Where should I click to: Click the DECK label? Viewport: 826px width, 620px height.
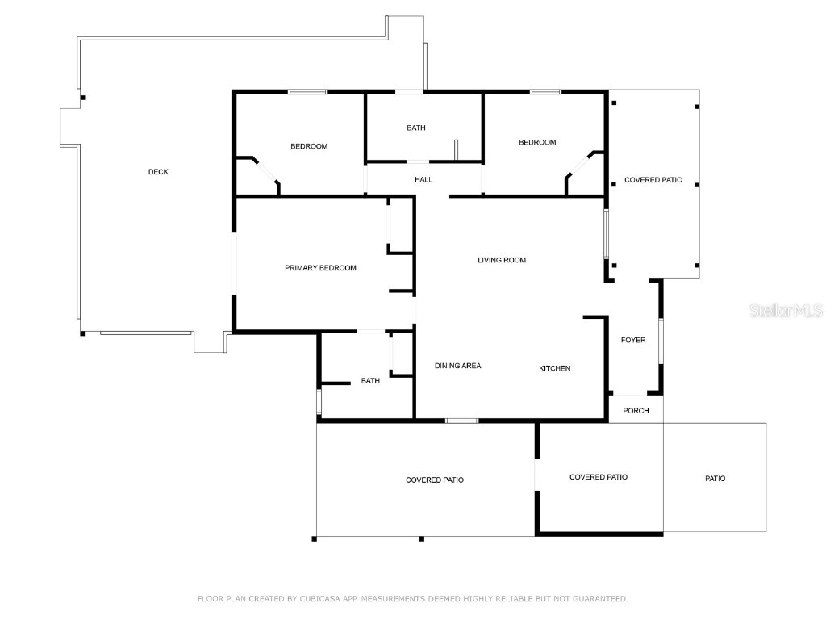[x=158, y=172]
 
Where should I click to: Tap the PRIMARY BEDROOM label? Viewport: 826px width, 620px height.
[x=320, y=268]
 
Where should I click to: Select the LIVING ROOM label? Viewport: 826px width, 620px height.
[x=502, y=260]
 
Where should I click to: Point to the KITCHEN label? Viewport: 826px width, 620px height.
[x=555, y=368]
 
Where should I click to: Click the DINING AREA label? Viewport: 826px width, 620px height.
[x=457, y=366]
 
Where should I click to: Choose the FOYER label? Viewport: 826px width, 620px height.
[x=633, y=340]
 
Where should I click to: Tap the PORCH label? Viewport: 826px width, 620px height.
[x=636, y=411]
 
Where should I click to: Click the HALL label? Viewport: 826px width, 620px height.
[x=423, y=179]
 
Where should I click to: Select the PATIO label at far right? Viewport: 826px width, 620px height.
[x=715, y=479]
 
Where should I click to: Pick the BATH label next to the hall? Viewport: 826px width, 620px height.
[x=416, y=128]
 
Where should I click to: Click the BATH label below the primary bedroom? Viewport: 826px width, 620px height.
[x=370, y=381]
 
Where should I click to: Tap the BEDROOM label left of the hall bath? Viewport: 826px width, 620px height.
[x=309, y=146]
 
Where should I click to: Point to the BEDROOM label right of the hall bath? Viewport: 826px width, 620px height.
[x=537, y=142]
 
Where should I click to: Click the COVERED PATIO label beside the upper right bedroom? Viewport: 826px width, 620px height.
[x=653, y=180]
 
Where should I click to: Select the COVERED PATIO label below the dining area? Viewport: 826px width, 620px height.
[x=435, y=480]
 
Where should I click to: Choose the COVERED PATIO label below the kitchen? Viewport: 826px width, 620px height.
[x=599, y=477]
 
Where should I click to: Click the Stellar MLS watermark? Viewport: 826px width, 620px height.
[x=786, y=310]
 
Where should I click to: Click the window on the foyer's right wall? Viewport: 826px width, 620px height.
[x=661, y=341]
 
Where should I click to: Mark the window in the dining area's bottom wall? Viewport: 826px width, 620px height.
[x=462, y=421]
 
